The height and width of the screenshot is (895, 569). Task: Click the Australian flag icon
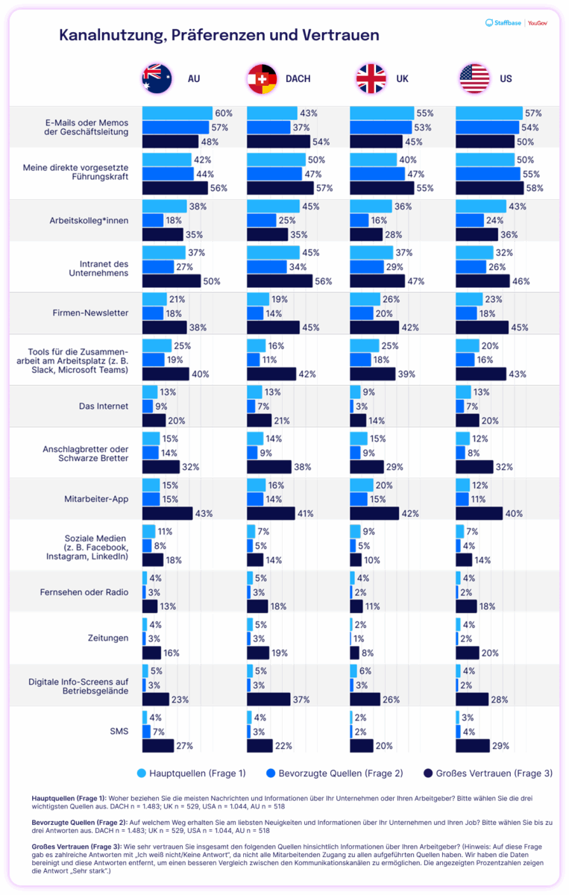click(x=157, y=79)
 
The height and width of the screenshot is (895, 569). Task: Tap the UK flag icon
click(x=370, y=79)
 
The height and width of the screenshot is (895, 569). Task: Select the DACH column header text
click(x=298, y=79)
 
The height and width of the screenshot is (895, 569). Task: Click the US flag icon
click(x=474, y=79)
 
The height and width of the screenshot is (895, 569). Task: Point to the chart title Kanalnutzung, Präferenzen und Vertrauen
click(x=219, y=35)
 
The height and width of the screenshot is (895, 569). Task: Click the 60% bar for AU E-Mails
click(x=177, y=113)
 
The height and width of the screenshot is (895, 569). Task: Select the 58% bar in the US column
click(x=488, y=188)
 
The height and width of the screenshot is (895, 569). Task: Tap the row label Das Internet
click(x=104, y=406)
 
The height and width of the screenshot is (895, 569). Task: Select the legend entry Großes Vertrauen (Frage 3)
click(x=488, y=773)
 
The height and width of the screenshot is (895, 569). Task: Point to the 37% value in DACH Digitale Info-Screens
click(x=302, y=700)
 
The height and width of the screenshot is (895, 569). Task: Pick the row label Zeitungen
click(x=107, y=638)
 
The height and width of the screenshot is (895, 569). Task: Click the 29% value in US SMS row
click(x=502, y=745)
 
